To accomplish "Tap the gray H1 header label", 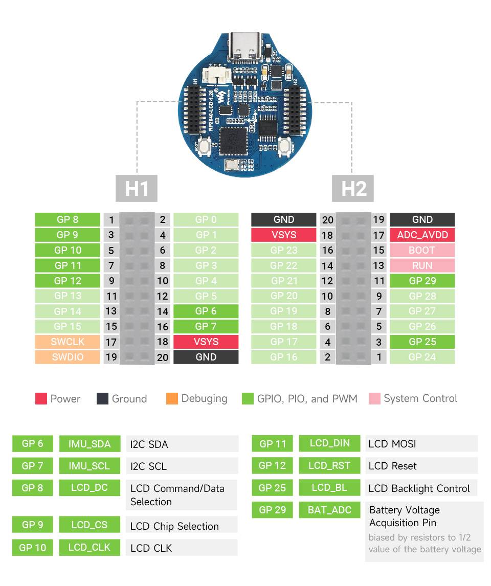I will (x=137, y=188).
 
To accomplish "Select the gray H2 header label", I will (x=354, y=188).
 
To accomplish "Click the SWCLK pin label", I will (x=68, y=342).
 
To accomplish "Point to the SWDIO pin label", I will (x=68, y=357).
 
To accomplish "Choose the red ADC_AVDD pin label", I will (x=422, y=235).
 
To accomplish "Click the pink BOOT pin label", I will (x=422, y=250).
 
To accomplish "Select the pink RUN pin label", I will (x=422, y=265).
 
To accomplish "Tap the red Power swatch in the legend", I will (x=41, y=399).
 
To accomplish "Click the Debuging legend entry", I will (x=197, y=399).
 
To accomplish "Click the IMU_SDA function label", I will (x=90, y=444).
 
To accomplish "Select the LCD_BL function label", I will (x=329, y=488).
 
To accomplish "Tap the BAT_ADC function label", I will (x=329, y=510).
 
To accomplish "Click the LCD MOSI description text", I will (x=392, y=444).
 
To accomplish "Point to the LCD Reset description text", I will (x=392, y=466).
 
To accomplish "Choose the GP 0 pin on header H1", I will (x=206, y=219).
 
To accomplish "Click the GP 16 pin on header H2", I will (x=283, y=357).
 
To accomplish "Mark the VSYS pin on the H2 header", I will (x=283, y=235).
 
